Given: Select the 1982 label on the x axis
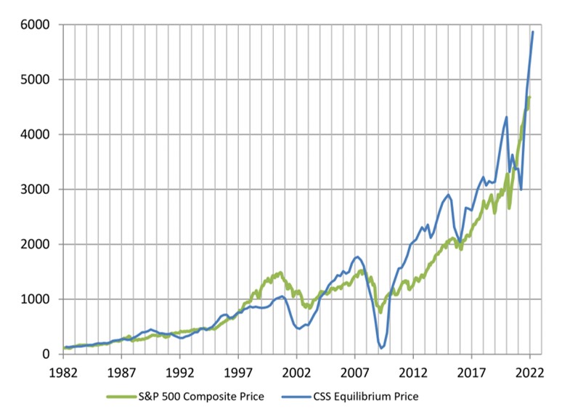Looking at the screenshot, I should (x=63, y=372).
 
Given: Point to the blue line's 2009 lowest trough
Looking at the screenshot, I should (x=381, y=348).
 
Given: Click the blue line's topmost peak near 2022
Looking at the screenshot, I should (x=533, y=32).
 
